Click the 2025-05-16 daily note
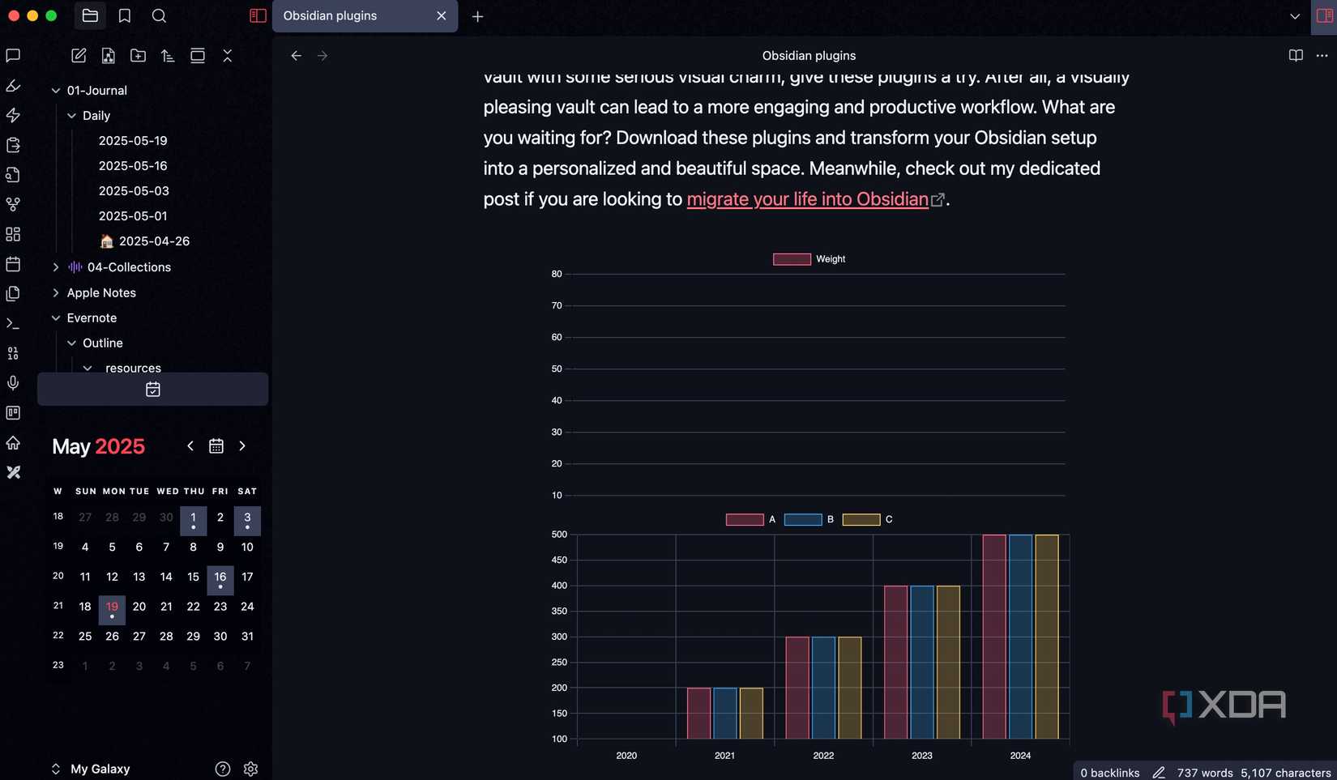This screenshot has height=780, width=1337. click(x=133, y=166)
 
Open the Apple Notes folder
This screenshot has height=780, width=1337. click(x=101, y=293)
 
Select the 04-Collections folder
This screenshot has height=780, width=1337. click(x=129, y=267)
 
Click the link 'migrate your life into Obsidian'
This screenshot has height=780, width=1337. click(x=807, y=199)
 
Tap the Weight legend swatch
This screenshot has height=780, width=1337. click(x=792, y=259)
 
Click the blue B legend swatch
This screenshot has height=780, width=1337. click(x=803, y=520)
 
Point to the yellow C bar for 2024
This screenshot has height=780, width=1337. click(x=1047, y=637)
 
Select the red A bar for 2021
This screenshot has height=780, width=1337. click(x=698, y=714)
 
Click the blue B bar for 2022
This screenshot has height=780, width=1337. click(x=823, y=688)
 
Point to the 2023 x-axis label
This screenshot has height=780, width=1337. click(x=922, y=756)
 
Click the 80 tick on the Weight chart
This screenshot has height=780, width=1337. click(x=557, y=275)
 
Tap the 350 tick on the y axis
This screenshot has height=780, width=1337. click(x=559, y=612)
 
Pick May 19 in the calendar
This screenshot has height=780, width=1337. click(x=112, y=607)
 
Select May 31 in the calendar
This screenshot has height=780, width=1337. click(x=247, y=637)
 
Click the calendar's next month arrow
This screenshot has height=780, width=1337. click(x=242, y=446)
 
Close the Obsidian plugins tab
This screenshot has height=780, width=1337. click(x=442, y=16)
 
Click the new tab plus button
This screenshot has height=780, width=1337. click(x=478, y=16)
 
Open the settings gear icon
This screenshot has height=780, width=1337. click(x=251, y=769)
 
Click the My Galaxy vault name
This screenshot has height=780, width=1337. click(x=100, y=769)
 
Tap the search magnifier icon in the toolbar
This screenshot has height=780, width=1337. click(x=159, y=16)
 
